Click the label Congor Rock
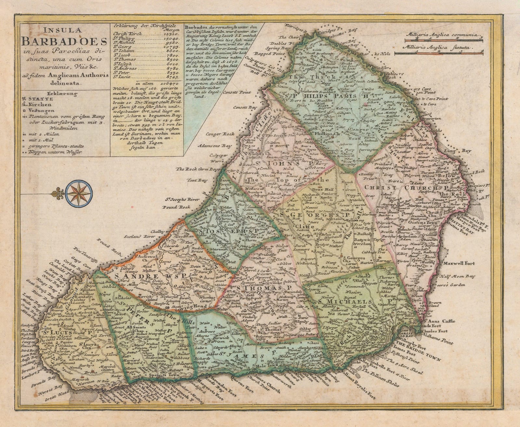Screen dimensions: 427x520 point(221,134)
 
